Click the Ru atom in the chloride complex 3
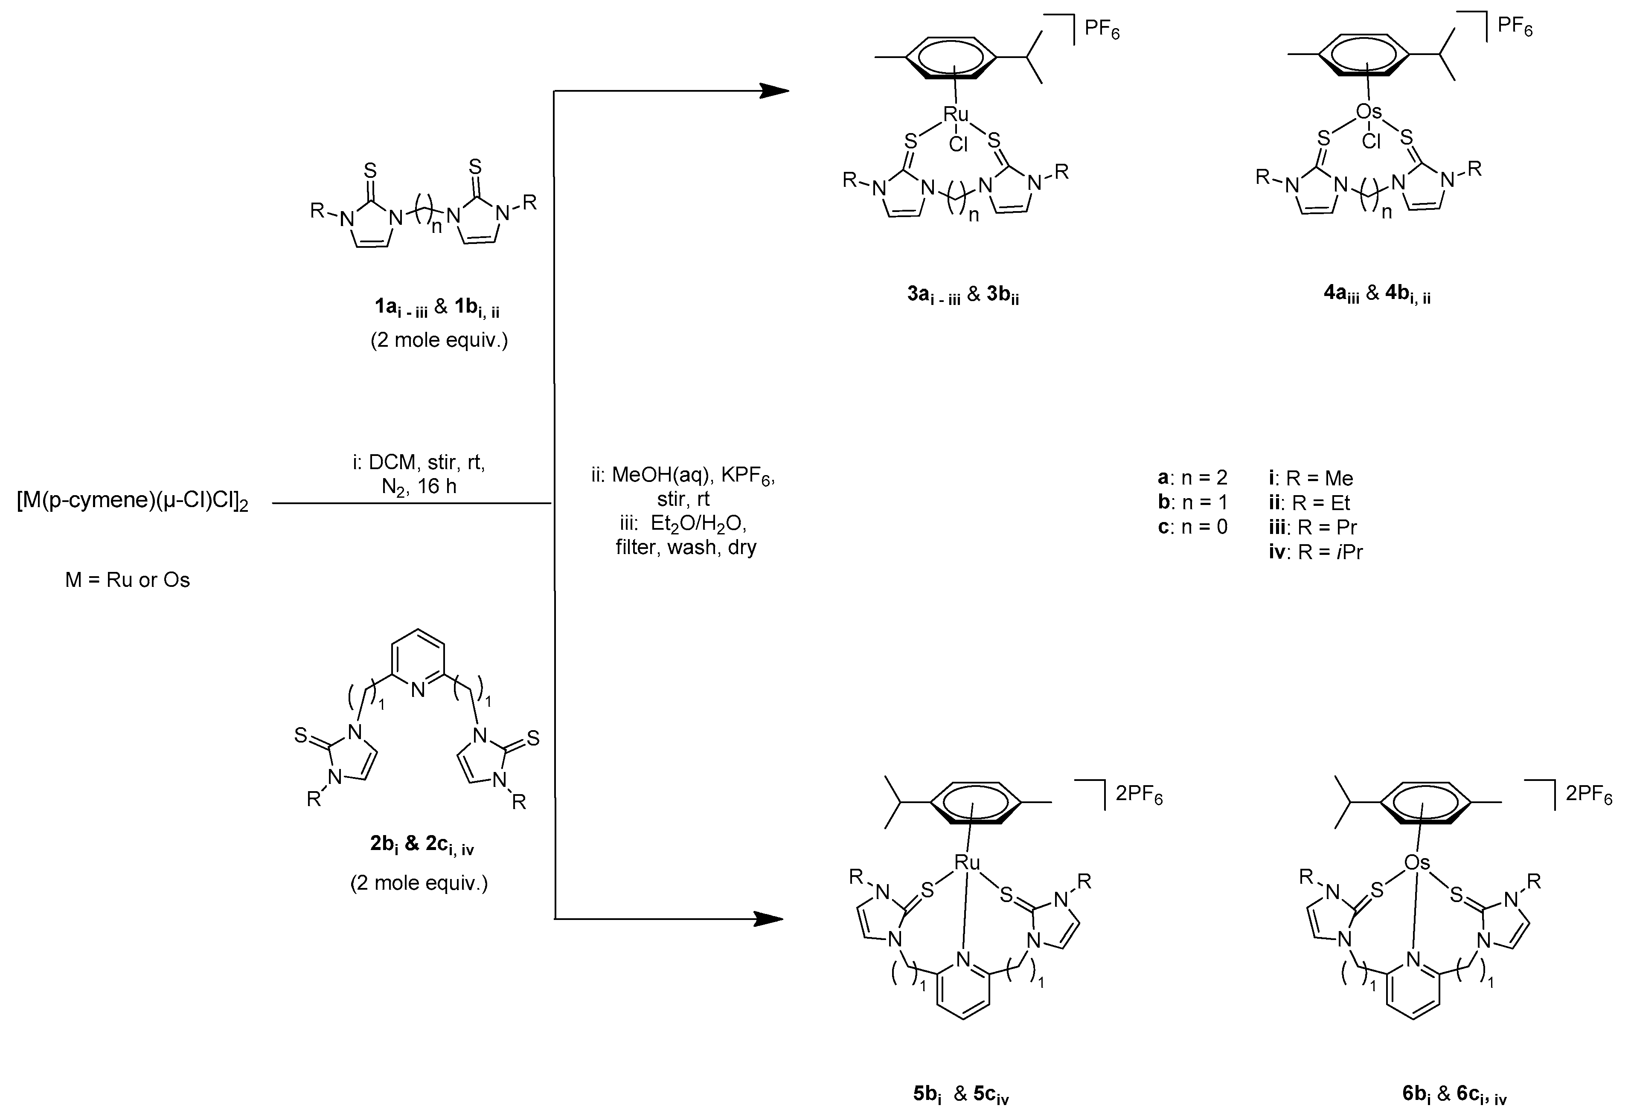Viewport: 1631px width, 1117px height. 956,114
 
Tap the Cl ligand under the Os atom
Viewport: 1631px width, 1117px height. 1371,142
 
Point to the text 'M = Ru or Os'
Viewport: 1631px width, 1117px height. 128,580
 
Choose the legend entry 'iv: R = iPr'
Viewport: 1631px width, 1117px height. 1315,552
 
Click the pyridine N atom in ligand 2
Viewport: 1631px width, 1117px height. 418,690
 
